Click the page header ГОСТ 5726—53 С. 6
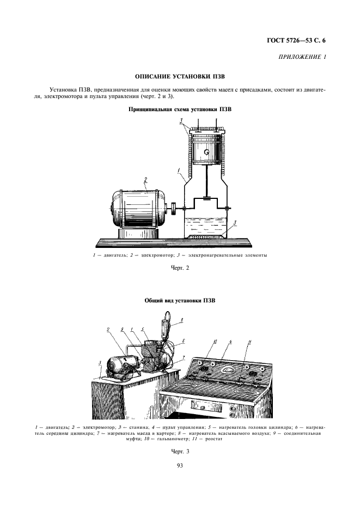tap(300, 40)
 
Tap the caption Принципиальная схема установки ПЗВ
tap(180, 109)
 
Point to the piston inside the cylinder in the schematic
tap(206, 151)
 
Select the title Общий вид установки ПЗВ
tap(180, 300)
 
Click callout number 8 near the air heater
tap(182, 320)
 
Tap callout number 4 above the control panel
tap(230, 342)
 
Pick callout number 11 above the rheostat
tap(250, 342)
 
